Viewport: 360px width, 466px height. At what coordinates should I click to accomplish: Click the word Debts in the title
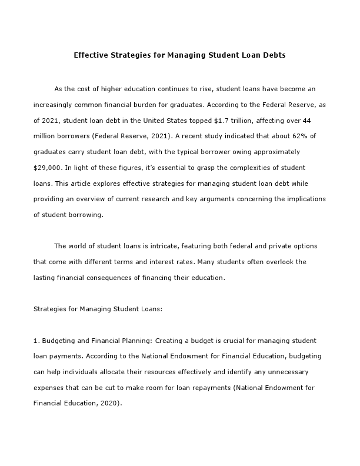[273, 56]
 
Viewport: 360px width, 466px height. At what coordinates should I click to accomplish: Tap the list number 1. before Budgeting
[36, 340]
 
